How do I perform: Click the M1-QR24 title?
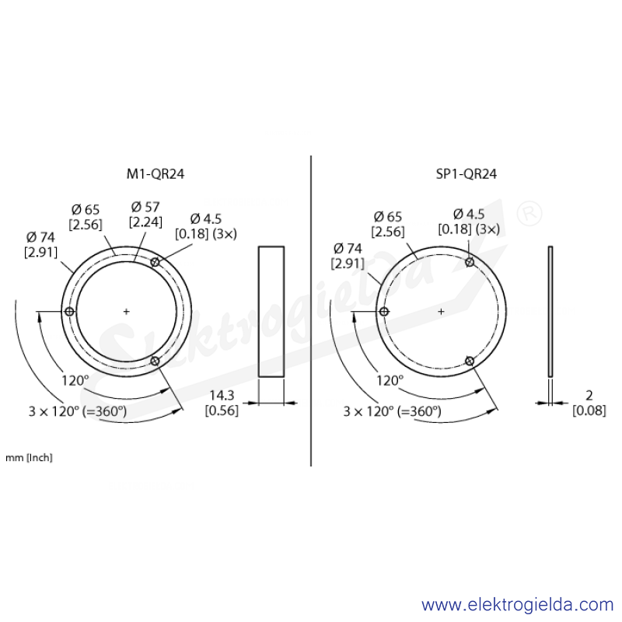tap(155, 174)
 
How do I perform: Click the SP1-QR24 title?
tap(466, 174)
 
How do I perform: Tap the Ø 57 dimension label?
tap(145, 207)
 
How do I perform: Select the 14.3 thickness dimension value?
tap(222, 395)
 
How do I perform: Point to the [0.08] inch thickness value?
tap(589, 411)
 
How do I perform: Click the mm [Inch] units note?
tap(29, 458)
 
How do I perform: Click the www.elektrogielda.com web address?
tap(517, 605)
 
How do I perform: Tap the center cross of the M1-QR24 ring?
tap(126, 312)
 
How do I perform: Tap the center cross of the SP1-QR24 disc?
tap(441, 312)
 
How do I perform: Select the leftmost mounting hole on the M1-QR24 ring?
tap(69, 312)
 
